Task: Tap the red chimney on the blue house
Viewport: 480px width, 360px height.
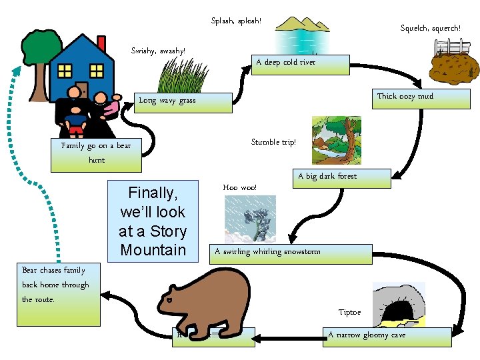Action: [101, 43]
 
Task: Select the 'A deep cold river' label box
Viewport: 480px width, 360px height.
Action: [300, 63]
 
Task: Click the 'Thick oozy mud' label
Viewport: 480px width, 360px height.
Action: [405, 97]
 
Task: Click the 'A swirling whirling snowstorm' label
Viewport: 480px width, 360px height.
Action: [291, 253]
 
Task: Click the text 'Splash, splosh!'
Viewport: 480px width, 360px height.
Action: [236, 21]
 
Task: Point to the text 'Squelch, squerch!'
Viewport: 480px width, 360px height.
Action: [430, 29]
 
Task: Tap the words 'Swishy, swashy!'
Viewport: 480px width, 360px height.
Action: [158, 51]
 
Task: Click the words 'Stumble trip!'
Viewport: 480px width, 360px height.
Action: [273, 142]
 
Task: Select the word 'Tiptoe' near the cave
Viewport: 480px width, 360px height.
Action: [349, 312]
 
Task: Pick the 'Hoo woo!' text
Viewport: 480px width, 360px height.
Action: [239, 188]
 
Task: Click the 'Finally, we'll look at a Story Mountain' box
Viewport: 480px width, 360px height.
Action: [153, 221]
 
